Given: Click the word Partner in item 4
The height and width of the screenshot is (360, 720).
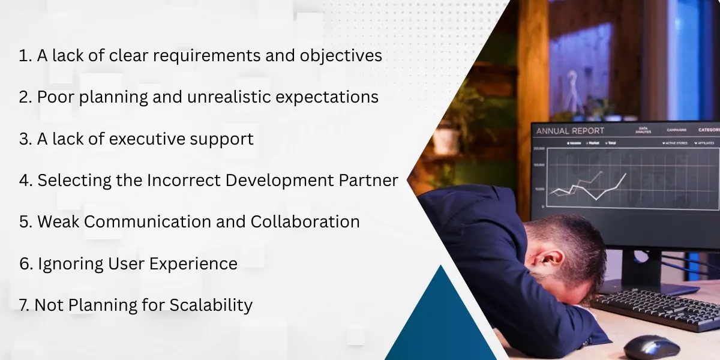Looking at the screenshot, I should (367, 181).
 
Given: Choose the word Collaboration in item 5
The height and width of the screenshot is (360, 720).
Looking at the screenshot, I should (305, 222).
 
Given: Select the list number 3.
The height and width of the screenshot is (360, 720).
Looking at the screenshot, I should (25, 139).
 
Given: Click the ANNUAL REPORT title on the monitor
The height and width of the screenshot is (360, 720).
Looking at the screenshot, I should (570, 131).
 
